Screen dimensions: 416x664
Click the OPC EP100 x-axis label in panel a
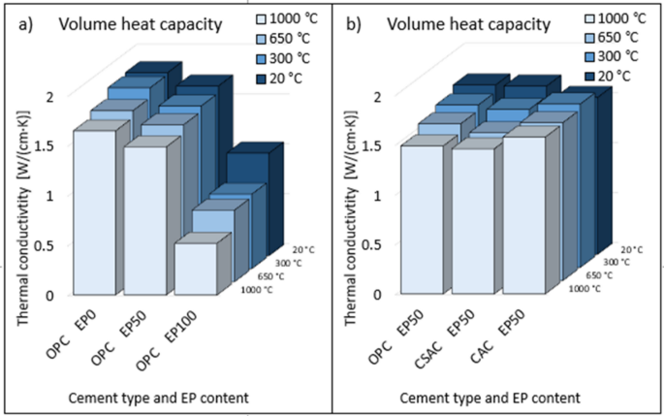pos(171,338)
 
